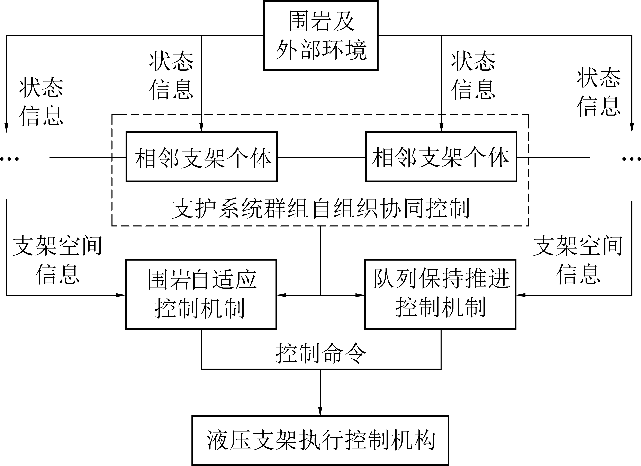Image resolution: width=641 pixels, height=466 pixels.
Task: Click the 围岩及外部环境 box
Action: [321, 35]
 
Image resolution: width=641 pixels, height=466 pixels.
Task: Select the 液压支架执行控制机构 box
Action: [320, 440]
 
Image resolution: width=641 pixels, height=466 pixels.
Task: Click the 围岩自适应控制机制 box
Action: [201, 294]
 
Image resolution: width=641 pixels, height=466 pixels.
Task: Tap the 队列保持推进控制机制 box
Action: [440, 294]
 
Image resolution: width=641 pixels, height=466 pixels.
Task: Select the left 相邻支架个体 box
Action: [201, 157]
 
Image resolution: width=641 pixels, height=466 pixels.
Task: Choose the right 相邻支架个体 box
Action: [441, 157]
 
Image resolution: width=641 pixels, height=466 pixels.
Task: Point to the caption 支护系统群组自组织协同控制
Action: [321, 209]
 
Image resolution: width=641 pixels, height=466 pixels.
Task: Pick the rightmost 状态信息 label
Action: [599, 92]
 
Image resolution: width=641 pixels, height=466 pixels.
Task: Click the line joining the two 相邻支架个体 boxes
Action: [321, 157]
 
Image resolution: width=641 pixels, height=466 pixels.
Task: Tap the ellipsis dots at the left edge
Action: [9, 159]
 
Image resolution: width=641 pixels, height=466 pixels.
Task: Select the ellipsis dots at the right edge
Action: [631, 159]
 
